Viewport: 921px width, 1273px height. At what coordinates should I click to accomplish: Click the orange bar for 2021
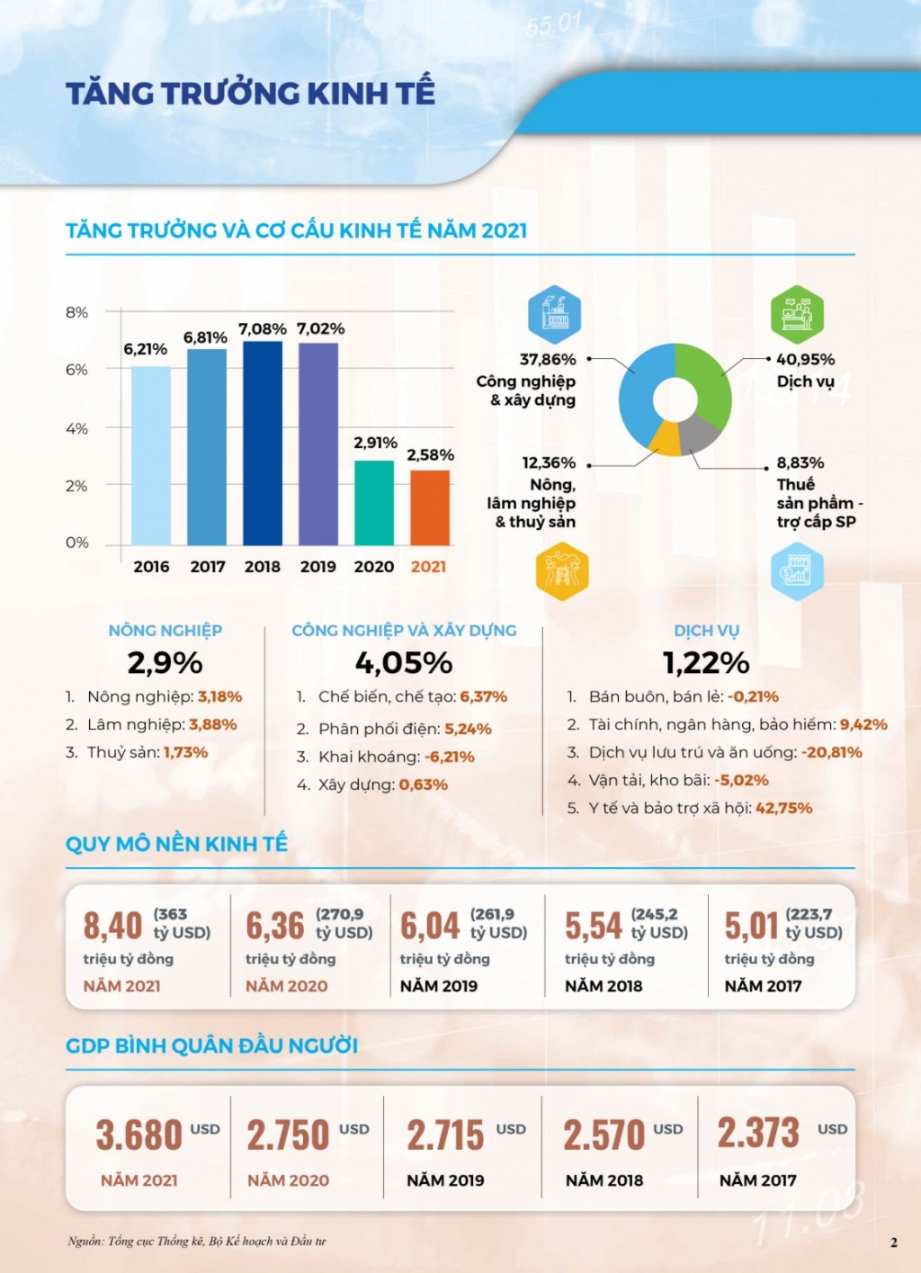click(430, 507)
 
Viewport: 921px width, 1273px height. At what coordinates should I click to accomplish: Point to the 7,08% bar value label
click(263, 329)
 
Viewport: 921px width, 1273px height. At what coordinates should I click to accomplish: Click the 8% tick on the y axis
click(77, 313)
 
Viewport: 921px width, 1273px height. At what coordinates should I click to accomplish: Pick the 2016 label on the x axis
click(151, 567)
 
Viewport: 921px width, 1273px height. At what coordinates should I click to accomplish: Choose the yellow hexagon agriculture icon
click(561, 571)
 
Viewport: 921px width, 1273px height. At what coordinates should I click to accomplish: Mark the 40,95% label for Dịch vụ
click(806, 360)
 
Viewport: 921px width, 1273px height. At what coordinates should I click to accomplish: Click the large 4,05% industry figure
click(404, 664)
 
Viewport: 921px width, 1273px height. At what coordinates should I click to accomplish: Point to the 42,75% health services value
click(783, 808)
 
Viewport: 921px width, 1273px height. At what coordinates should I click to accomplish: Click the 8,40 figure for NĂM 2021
click(113, 926)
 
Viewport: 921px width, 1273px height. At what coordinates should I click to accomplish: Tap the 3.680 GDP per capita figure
click(139, 1134)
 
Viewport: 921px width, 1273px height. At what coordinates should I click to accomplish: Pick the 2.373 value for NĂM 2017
click(758, 1133)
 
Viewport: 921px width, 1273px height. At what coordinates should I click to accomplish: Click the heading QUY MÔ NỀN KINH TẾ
click(176, 844)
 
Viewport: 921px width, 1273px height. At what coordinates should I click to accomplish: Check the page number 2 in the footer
click(893, 1242)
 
